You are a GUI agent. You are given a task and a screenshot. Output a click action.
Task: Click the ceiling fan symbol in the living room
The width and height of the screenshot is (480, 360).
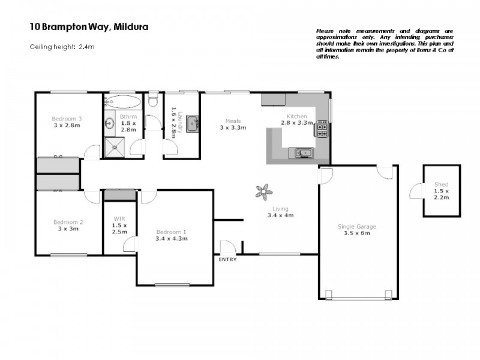262,191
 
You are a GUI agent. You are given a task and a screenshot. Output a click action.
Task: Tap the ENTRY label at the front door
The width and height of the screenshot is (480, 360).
227,260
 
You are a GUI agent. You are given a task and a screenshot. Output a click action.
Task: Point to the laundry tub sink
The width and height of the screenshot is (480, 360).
193,124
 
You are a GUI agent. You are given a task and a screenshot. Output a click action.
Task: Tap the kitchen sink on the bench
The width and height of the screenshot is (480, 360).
301,154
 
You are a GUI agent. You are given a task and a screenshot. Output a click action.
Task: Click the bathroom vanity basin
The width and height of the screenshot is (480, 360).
110,124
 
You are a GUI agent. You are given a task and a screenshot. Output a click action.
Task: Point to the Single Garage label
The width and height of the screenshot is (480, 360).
357,226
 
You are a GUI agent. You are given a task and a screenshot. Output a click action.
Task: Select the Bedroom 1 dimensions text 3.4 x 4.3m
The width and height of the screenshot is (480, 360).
172,238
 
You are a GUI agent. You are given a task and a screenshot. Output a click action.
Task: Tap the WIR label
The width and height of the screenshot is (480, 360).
120,218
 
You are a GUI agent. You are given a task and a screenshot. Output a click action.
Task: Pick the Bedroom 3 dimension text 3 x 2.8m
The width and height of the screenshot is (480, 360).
67,125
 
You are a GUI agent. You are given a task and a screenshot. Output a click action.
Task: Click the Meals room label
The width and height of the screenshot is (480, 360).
233,119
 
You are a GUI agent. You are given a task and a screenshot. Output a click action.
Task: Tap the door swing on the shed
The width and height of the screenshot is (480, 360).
415,191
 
